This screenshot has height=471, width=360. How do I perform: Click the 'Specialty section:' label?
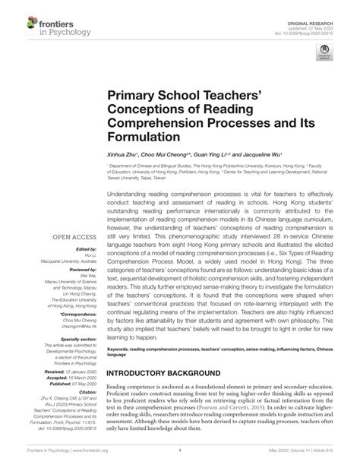tap(77, 339)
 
